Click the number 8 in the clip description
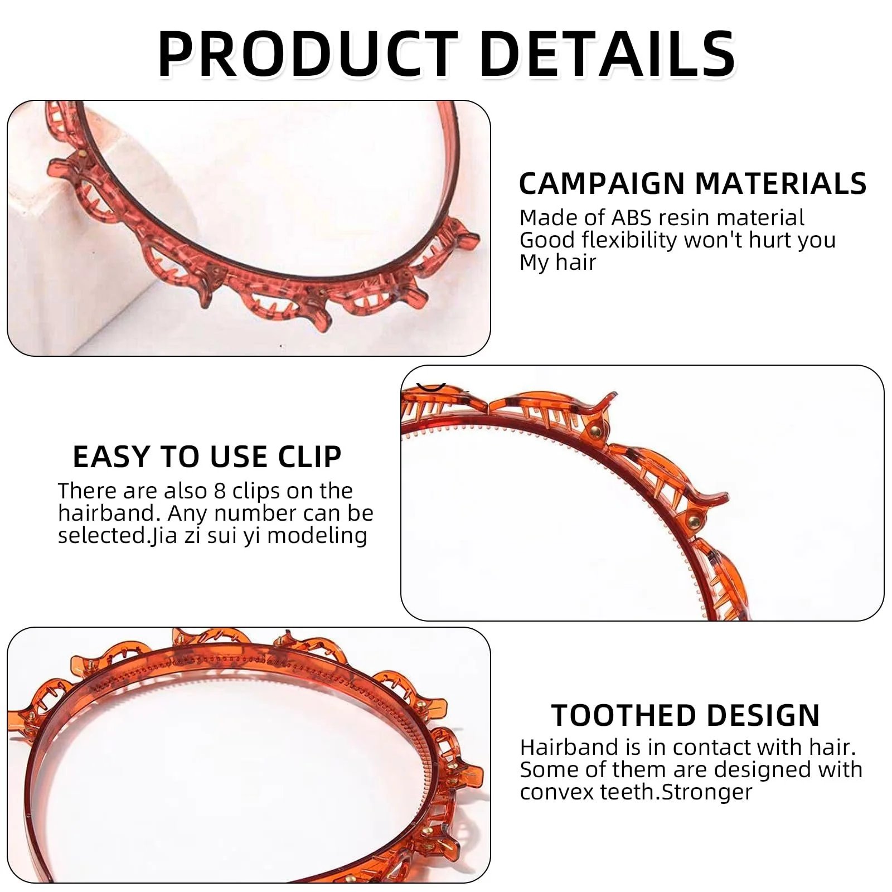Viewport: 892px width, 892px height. coord(220,491)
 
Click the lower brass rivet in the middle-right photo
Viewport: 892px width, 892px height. coord(694,522)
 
